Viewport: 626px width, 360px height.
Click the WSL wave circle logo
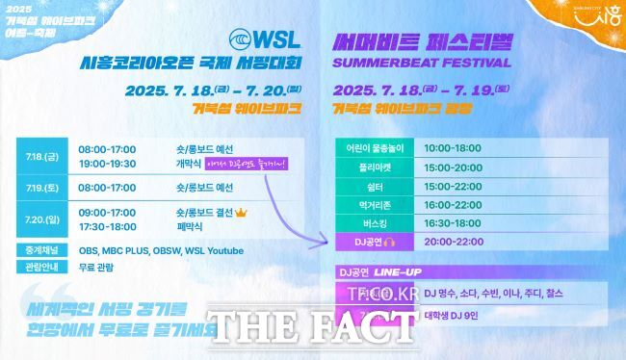[x=246, y=41]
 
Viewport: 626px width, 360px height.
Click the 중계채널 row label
[x=39, y=251]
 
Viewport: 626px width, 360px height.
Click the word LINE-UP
[x=402, y=271]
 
